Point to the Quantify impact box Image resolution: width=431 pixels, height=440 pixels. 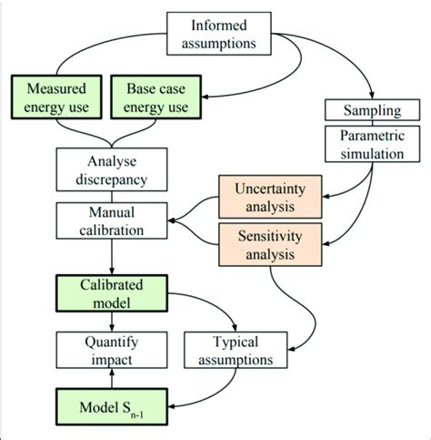coord(110,350)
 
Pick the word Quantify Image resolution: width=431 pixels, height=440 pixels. coord(110,342)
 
